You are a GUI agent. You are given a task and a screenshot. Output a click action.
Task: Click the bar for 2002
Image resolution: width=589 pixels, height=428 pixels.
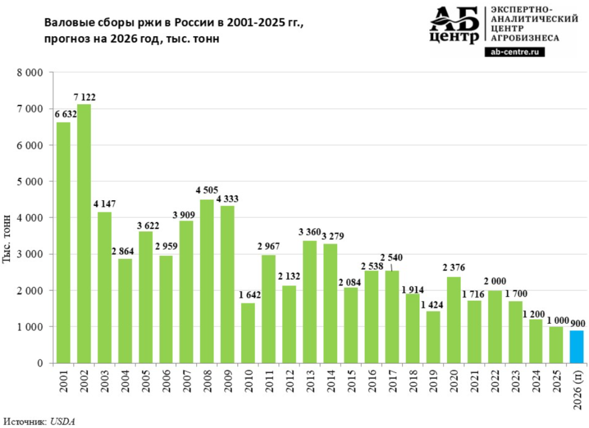84,234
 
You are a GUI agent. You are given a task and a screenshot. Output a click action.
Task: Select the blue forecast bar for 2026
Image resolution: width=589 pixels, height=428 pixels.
576,347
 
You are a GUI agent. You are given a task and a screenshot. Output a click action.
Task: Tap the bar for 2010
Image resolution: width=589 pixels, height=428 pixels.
248,333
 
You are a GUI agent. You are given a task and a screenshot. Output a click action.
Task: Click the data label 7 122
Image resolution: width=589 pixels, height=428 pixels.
84,97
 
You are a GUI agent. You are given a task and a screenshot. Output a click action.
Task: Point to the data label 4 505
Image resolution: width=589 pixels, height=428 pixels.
206,190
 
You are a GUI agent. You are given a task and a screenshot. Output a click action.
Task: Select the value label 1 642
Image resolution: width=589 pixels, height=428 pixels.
250,295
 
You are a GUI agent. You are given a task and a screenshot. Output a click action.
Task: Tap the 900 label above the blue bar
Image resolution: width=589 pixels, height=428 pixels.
577,323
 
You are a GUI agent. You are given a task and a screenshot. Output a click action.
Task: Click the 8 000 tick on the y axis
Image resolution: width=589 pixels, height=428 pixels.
30,72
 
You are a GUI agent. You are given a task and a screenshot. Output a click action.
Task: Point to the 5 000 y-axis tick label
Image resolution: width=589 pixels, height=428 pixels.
30,181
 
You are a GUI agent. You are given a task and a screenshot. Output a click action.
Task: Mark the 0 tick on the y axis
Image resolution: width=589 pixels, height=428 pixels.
40,364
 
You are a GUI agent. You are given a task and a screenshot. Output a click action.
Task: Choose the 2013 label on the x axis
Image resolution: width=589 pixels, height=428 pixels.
310,381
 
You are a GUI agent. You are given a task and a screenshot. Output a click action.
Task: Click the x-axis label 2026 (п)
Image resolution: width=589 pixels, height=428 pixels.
577,389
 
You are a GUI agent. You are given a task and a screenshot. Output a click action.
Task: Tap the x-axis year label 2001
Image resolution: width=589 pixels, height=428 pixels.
63,381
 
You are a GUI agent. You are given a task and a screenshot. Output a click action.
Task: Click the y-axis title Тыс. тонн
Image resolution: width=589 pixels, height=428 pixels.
7,239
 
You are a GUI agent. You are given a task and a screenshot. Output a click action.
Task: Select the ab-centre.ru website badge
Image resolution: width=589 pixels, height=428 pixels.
514,52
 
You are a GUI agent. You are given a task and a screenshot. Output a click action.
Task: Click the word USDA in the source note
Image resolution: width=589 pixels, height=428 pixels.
62,421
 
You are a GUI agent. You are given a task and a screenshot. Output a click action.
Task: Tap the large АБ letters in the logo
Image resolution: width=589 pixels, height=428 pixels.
455,19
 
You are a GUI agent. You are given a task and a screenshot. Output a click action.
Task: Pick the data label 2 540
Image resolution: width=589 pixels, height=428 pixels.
391,258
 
